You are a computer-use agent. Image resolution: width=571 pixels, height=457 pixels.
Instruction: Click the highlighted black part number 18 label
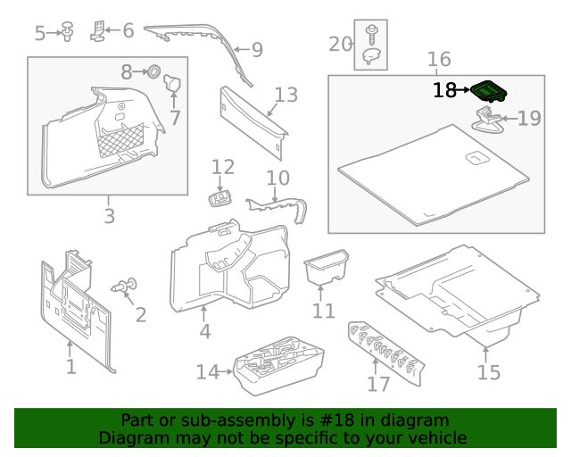[x=444, y=90]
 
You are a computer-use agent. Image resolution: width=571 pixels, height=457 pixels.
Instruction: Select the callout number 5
[x=40, y=33]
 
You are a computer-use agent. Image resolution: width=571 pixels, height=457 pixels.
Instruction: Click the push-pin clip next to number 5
[x=67, y=32]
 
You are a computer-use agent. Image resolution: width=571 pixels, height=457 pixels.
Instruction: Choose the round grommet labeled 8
[x=152, y=71]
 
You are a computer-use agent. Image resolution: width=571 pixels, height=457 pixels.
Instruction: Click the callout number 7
[x=175, y=117]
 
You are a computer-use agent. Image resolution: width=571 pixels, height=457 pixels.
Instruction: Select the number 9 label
[x=257, y=50]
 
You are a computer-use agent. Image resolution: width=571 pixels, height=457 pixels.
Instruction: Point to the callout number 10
[x=277, y=178]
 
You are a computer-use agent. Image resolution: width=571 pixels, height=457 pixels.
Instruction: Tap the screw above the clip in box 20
[x=370, y=34]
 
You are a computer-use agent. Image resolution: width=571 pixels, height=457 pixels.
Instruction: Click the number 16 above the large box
[x=439, y=60]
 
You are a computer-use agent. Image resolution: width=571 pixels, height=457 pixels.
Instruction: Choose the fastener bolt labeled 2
[x=124, y=287]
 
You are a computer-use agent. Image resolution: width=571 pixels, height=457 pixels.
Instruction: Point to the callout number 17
[x=378, y=384]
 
